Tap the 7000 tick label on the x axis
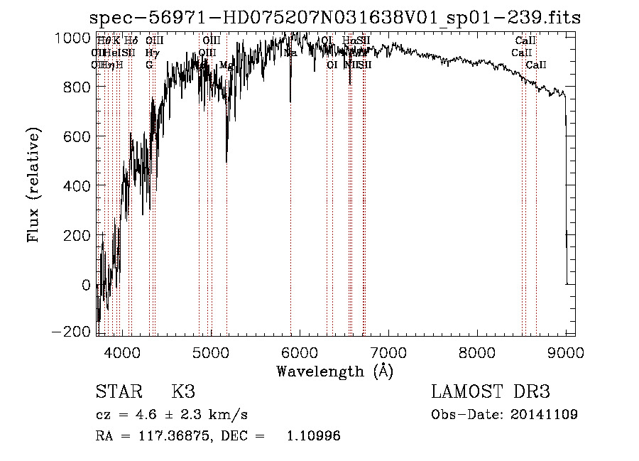(388, 353)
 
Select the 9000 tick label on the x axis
(566, 353)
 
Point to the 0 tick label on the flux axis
(85, 285)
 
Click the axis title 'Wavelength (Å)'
(334, 371)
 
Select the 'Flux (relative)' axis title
(34, 186)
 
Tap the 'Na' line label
(290, 53)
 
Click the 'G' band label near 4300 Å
(149, 65)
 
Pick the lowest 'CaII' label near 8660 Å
(536, 65)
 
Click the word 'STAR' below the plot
(119, 392)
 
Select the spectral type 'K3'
(182, 392)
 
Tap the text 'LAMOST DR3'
(491, 392)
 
